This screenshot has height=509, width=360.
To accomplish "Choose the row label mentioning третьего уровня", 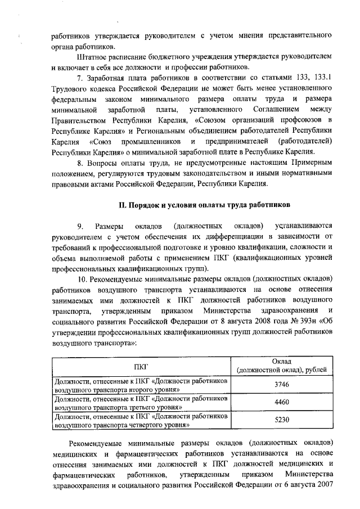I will [141, 403].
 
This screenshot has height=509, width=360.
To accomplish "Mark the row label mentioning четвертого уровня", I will [141, 420].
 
